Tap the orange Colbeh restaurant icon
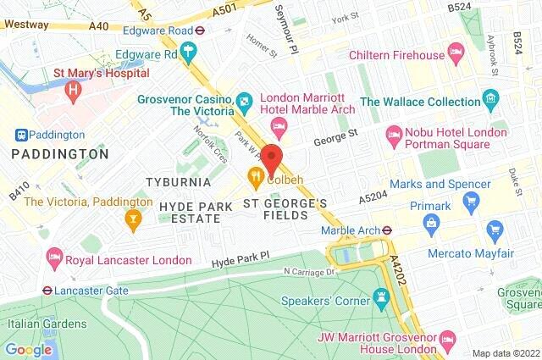click(x=253, y=177)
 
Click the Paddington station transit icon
click(x=20, y=135)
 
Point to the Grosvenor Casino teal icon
click(x=245, y=102)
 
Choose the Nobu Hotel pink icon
click(x=394, y=133)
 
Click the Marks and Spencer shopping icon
click(x=472, y=201)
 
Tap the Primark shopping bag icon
click(x=433, y=223)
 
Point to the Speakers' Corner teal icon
click(x=380, y=299)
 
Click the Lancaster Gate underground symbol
click(x=48, y=289)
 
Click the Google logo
click(x=28, y=348)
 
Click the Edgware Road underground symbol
click(x=200, y=28)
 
